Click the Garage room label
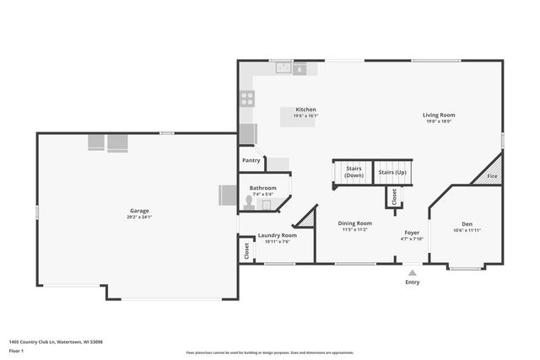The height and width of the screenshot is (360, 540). click(x=139, y=211)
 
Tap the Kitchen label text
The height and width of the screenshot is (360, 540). click(x=305, y=110)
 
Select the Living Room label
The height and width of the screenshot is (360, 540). click(x=439, y=115)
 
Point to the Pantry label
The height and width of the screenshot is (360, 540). click(x=251, y=160)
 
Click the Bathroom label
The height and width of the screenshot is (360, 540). click(x=262, y=188)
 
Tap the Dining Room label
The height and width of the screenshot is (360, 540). click(x=355, y=223)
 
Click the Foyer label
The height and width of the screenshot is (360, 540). click(x=412, y=232)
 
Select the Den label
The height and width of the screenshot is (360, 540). click(x=467, y=224)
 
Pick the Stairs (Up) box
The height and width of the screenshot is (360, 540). click(x=392, y=172)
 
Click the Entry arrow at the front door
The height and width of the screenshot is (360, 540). click(x=412, y=273)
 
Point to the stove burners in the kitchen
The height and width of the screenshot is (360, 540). click(x=248, y=97)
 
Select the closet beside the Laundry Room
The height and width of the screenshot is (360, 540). click(x=246, y=250)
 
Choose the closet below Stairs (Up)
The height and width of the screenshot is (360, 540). click(x=393, y=196)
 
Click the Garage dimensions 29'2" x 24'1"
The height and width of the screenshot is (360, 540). click(x=139, y=218)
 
